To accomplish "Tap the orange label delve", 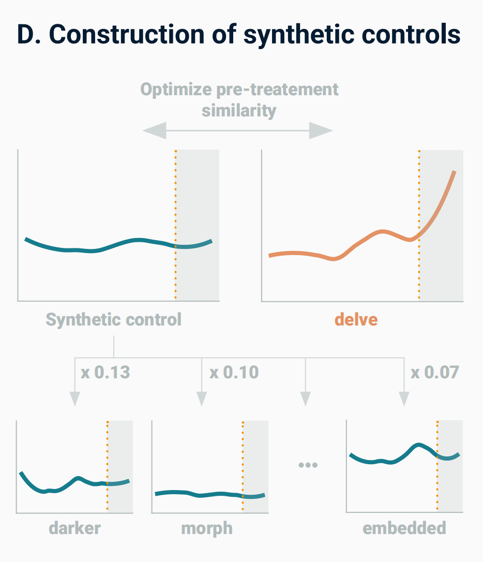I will click(356, 319).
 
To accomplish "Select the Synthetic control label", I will click(114, 319).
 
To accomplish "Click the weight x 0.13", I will click(105, 372).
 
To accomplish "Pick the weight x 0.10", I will click(234, 372).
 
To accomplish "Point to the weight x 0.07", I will click(434, 372).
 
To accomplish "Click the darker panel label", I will click(75, 528).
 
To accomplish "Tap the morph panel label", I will click(207, 528).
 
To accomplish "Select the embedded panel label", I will click(404, 528).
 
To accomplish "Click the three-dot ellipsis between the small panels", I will click(308, 465).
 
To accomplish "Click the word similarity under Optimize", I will click(239, 110).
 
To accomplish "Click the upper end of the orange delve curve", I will click(454, 172).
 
